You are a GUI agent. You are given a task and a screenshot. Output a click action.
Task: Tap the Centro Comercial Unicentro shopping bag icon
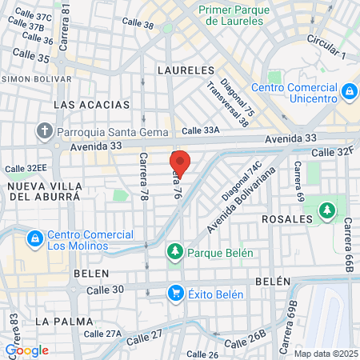coord(349,92)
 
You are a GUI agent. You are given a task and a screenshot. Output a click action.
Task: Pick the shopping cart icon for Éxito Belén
coord(175,293)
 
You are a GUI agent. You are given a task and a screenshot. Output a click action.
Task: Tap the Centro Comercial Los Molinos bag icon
coord(34,238)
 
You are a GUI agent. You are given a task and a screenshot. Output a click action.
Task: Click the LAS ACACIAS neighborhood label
coord(90,105)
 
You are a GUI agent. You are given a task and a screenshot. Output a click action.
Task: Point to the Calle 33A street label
coord(200,130)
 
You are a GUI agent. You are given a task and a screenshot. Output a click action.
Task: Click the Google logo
coord(26,350)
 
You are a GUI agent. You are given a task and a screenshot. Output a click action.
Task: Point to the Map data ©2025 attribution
coord(326,354)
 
